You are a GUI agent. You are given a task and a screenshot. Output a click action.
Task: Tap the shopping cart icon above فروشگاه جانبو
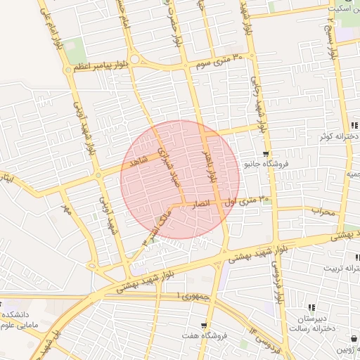[x=266, y=154]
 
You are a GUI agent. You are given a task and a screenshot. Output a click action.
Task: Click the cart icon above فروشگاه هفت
[x=204, y=326]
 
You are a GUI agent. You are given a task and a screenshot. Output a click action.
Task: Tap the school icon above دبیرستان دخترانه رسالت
[x=311, y=307]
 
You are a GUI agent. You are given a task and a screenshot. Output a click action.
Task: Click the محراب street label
[x=326, y=210]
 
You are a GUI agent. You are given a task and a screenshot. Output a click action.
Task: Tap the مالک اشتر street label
[x=156, y=226]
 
